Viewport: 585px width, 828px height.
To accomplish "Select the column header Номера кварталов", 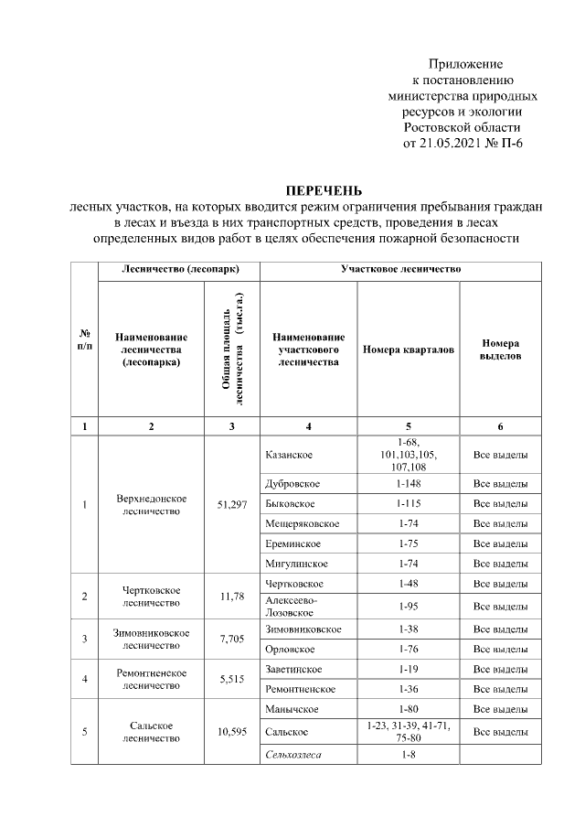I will tap(408, 349).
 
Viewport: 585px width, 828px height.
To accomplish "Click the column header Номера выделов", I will tap(500, 349).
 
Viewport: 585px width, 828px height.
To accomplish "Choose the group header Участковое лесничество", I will tap(400, 270).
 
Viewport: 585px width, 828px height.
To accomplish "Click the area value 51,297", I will tap(232, 504).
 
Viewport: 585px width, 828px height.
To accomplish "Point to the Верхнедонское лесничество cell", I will tap(152, 504).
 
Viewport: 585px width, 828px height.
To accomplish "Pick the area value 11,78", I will tap(232, 597).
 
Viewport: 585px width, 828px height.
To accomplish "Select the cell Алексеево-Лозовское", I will tap(292, 604).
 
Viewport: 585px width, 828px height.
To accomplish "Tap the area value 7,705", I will tap(232, 639).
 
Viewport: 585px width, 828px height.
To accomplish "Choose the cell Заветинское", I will tap(292, 669).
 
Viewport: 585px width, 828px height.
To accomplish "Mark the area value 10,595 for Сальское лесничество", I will tap(232, 731).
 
